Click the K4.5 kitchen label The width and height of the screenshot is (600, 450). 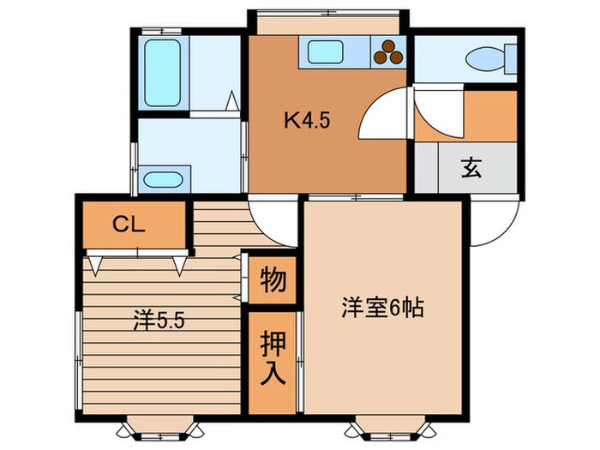tap(308, 121)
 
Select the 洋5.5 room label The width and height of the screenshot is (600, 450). tap(159, 322)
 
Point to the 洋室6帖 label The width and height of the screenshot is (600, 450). tap(383, 307)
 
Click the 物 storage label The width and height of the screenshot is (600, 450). tap(273, 280)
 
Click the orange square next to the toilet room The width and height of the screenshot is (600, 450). tap(489, 114)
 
